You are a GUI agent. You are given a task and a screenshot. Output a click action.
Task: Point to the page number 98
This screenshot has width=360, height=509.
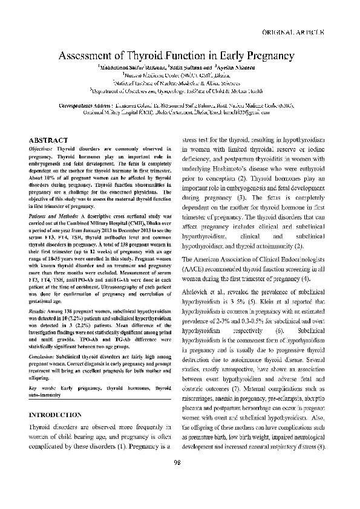coord(177,480)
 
